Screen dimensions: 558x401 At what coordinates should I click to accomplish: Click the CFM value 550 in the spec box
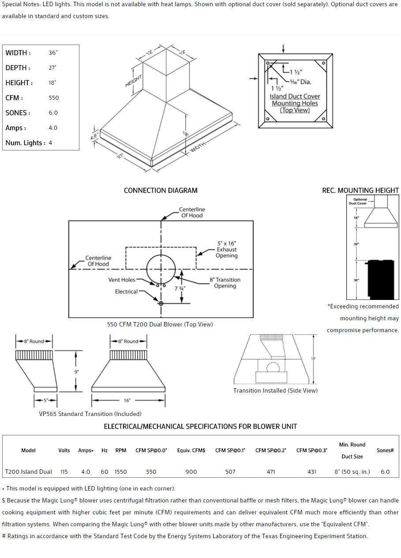53,98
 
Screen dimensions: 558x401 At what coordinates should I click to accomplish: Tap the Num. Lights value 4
50,143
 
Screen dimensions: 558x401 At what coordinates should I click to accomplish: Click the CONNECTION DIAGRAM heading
161,191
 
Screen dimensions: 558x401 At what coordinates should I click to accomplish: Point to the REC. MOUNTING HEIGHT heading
360,191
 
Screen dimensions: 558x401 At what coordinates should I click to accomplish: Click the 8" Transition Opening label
225,283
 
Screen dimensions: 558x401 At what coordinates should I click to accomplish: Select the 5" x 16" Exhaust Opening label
227,249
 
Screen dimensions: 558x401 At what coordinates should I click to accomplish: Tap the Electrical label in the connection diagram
126,292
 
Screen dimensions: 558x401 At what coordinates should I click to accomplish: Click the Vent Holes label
122,280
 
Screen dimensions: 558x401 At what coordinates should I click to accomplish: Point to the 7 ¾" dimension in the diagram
180,288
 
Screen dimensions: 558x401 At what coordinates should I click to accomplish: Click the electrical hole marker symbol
161,303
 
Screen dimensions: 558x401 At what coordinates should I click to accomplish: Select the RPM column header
120,450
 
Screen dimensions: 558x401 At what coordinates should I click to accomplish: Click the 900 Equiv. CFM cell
191,472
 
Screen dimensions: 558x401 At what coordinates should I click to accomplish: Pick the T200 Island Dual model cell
28,472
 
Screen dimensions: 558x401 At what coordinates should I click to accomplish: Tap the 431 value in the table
312,472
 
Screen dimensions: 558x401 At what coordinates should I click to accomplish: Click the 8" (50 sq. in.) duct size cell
352,472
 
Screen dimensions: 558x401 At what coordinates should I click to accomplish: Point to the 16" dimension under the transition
127,401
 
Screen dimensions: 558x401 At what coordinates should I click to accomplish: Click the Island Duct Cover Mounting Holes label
295,103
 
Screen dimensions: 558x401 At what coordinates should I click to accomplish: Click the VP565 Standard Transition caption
90,414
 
